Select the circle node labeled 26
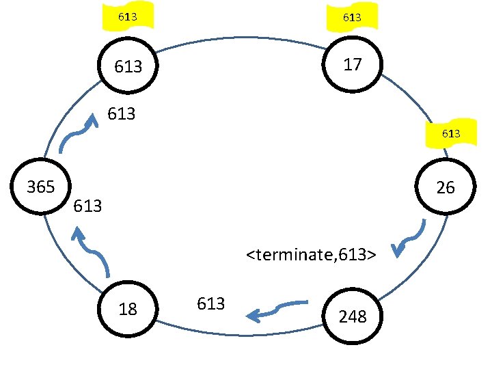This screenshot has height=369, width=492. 445,187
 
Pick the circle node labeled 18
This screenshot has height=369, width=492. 128,309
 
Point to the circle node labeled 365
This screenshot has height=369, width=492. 40,187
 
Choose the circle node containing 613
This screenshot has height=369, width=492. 128,66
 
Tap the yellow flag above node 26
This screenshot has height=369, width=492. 450,134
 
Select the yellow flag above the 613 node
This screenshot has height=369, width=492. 126,16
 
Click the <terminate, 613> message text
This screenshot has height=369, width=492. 312,256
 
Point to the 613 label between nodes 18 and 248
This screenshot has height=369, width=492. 210,303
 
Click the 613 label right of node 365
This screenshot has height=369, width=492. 87,205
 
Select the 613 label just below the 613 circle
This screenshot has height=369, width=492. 122,114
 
